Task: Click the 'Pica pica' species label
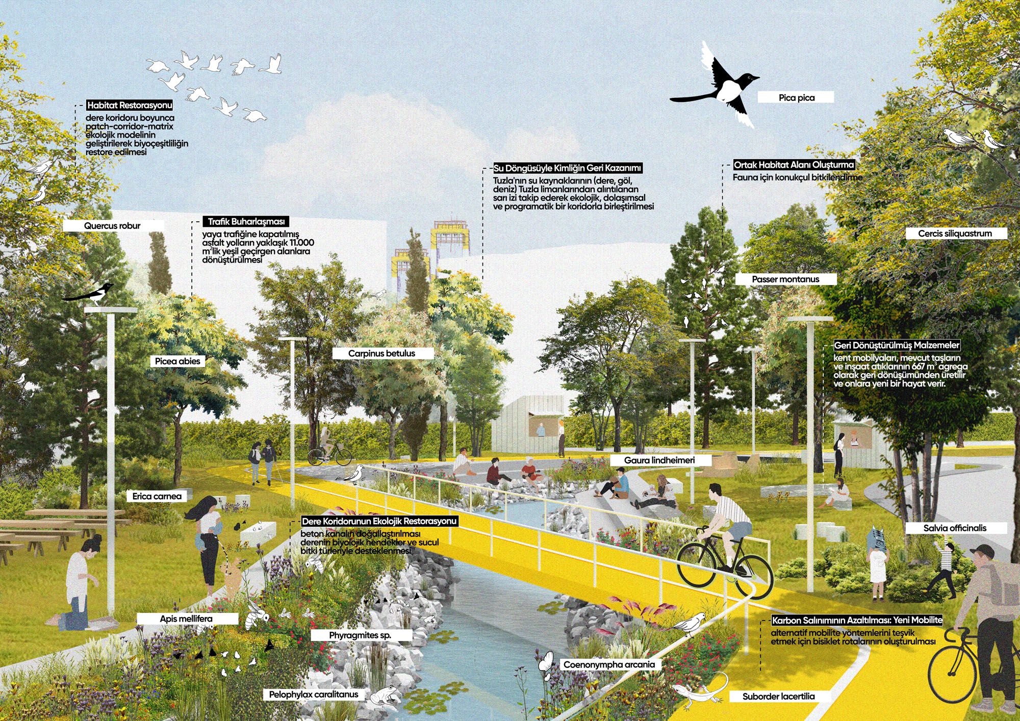[x=796, y=97]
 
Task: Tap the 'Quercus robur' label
[x=113, y=226]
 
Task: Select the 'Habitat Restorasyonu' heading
[x=130, y=106]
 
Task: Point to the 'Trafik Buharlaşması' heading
[x=246, y=222]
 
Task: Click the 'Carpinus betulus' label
[x=382, y=353]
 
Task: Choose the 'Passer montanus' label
[x=786, y=279]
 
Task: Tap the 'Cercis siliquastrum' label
[x=956, y=234]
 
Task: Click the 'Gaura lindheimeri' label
[x=660, y=460]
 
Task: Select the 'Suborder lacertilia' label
[x=779, y=697]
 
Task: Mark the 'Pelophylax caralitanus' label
[x=314, y=694]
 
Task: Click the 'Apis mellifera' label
[x=187, y=619]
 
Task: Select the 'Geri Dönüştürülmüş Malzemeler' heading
[x=897, y=345]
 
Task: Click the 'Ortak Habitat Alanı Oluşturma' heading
[x=794, y=165]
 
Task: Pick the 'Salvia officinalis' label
[x=956, y=528]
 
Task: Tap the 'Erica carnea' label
[x=158, y=496]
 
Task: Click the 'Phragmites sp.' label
[x=361, y=635]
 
